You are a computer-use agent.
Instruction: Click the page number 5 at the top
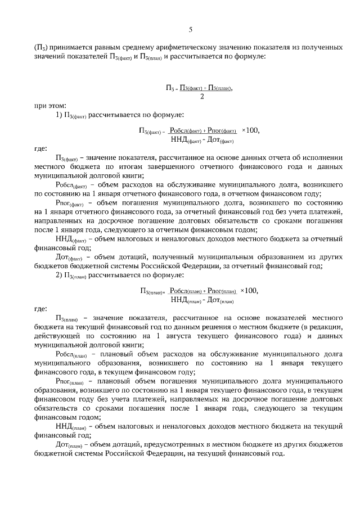(191, 29)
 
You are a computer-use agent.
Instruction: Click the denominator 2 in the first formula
(201, 96)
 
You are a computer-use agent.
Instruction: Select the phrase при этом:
(49, 105)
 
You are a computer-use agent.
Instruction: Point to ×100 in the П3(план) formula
(249, 290)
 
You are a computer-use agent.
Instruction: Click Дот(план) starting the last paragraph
(70, 445)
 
